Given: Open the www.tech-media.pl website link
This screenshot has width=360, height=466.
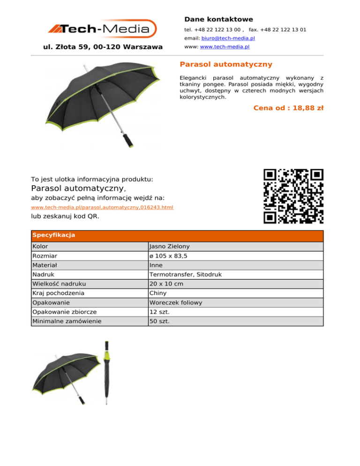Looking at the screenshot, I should click(x=224, y=47).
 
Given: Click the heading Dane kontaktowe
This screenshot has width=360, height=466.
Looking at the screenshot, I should click(x=218, y=19).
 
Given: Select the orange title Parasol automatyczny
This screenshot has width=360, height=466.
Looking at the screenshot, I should click(x=226, y=64).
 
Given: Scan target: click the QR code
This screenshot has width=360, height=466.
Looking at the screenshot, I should click(x=293, y=196).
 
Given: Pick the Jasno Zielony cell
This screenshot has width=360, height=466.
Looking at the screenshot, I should click(x=169, y=246).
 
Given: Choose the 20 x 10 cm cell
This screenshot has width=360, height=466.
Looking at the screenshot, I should click(x=166, y=284).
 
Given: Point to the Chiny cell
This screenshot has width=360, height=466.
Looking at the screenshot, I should click(x=157, y=293).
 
